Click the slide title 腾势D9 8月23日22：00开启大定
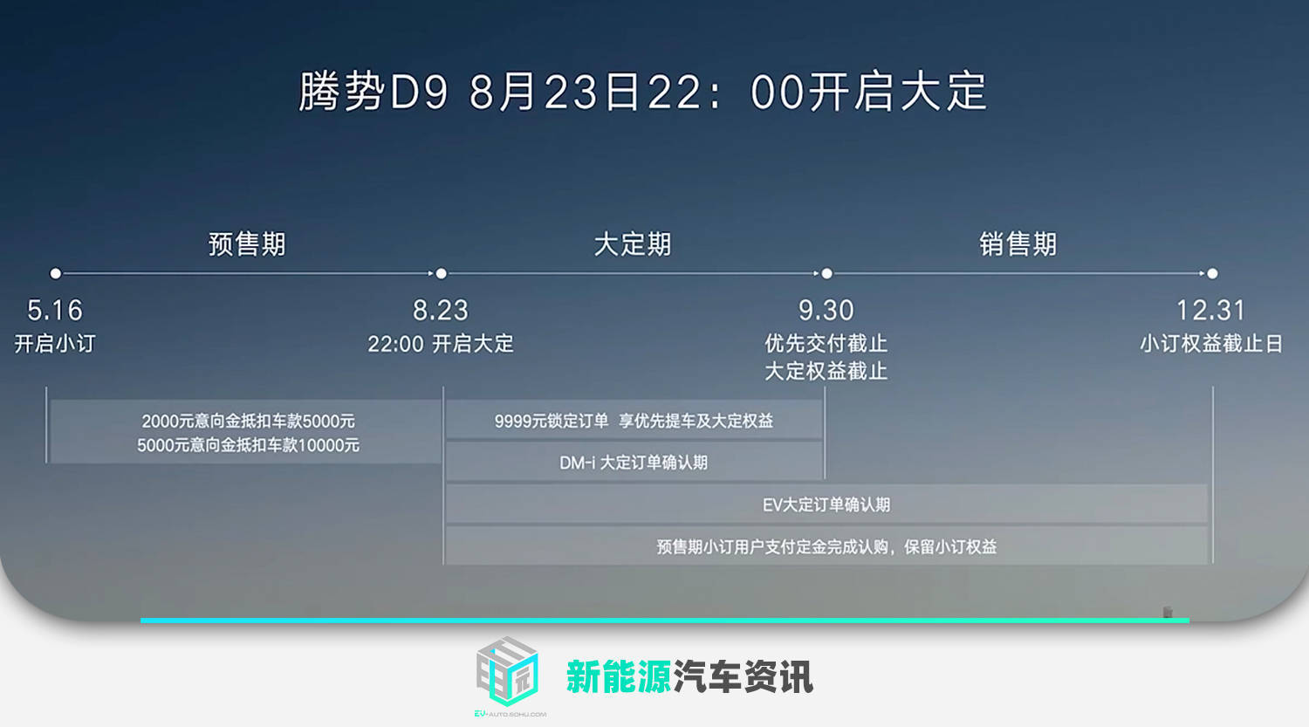643,91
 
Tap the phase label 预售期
247,243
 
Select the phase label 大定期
633,243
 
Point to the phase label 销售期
1018,243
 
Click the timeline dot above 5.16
56,273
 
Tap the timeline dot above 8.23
442,273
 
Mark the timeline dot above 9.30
827,273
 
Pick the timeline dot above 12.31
1213,273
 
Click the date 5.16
55,310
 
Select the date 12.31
1211,310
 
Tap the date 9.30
826,310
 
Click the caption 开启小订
55,344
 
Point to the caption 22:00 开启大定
441,344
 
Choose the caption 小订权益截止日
1211,344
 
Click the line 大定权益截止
826,371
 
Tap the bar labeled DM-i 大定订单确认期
634,462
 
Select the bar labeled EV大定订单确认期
826,504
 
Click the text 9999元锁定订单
551,421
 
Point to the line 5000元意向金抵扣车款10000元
249,445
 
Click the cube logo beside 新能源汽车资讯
508,671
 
